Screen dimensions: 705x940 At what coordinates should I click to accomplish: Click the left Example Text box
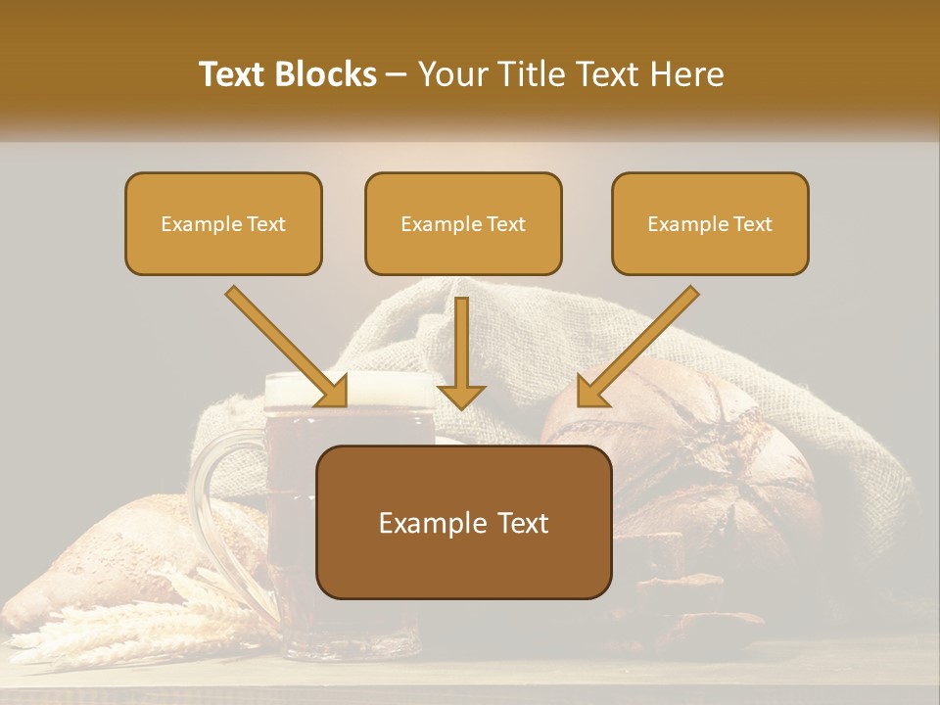pos(223,223)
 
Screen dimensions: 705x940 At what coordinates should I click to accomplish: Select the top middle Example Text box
pos(463,223)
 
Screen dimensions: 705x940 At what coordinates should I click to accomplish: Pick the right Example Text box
pos(710,223)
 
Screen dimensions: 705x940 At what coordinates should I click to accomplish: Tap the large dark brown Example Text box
pos(463,522)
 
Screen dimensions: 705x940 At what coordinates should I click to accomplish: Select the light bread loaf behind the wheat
pos(117,548)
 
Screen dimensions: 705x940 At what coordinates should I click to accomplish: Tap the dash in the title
pos(397,76)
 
